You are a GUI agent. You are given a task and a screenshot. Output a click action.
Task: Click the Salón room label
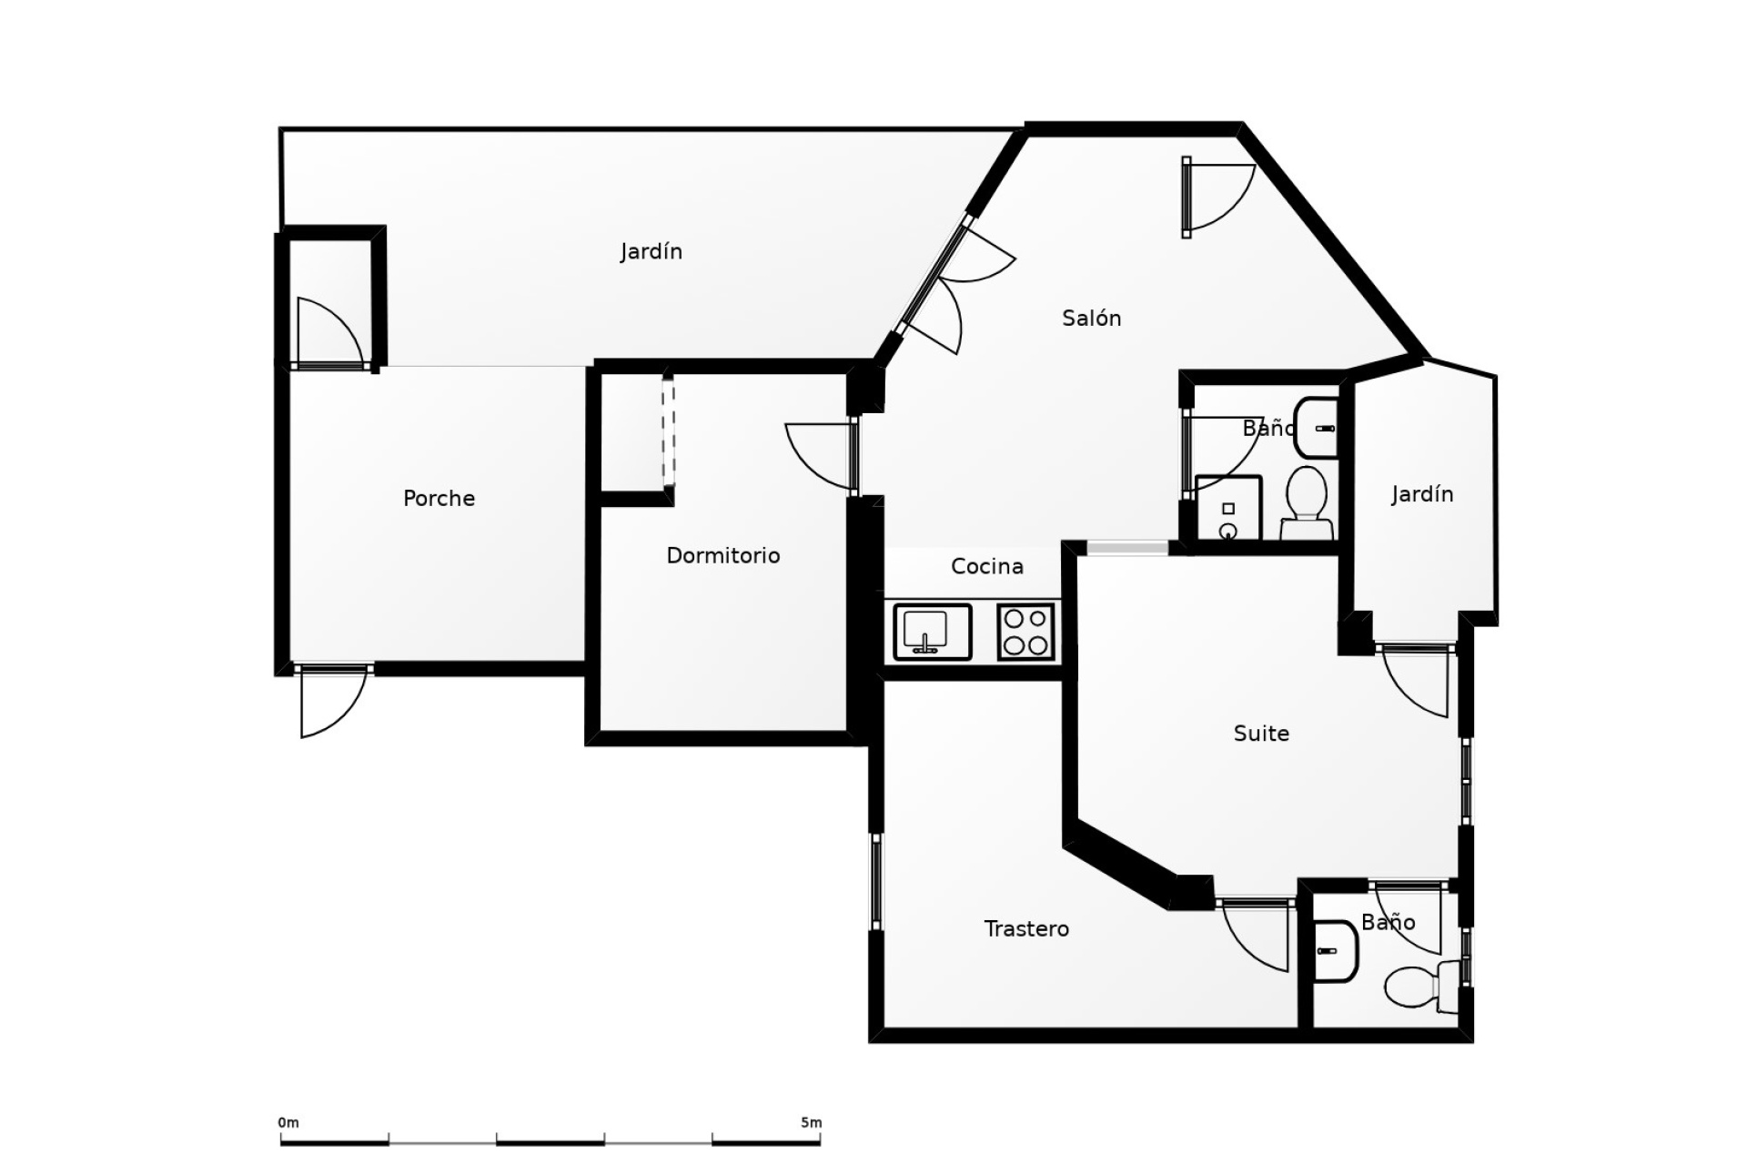(1091, 318)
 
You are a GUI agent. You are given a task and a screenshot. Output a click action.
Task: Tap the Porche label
(439, 498)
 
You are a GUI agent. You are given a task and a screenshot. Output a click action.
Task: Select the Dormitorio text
(722, 555)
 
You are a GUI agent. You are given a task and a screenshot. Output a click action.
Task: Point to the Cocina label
(986, 566)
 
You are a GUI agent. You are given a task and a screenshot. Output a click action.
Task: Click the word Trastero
(1025, 928)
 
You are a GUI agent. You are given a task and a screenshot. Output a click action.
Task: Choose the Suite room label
(1260, 733)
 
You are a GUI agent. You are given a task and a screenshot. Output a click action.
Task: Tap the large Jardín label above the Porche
(651, 251)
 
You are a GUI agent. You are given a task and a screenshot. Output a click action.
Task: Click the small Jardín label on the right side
(1421, 494)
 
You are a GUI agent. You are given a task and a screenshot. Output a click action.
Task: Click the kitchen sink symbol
(932, 631)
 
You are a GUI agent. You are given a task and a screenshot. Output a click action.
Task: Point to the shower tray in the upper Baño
(1227, 508)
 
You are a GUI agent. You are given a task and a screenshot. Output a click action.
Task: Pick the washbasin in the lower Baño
(1335, 951)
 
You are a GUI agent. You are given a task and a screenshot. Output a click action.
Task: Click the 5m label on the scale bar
(811, 1122)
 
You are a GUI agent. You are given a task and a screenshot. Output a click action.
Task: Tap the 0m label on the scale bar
(288, 1122)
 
